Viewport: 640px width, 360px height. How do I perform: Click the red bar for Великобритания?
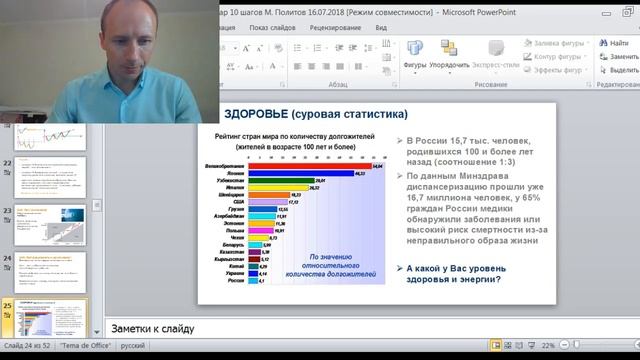(310, 166)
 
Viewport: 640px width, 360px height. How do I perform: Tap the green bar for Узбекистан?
(281, 181)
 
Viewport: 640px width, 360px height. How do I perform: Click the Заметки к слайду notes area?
(300, 328)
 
